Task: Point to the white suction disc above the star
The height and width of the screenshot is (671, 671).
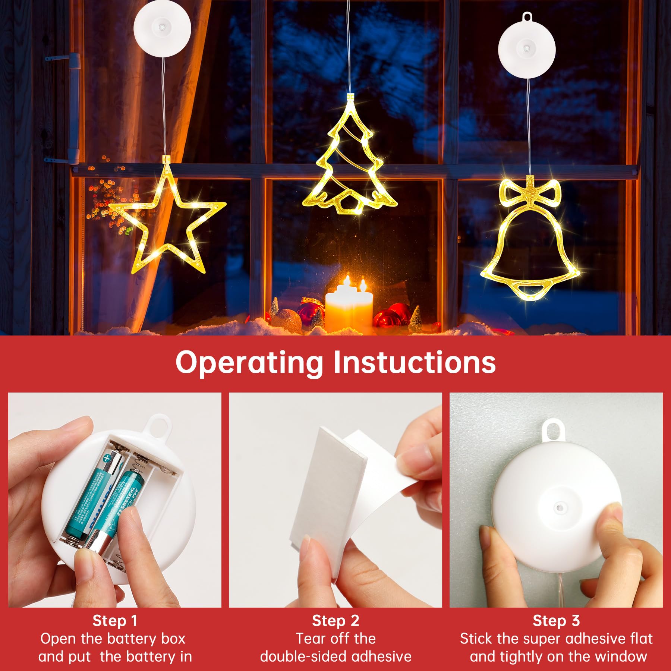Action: [162, 28]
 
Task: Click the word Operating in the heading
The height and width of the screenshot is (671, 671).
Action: [249, 362]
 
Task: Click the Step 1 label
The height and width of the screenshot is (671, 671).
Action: [115, 621]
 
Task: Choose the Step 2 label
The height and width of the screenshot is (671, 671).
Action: [335, 621]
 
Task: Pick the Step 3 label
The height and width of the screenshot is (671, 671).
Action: [556, 621]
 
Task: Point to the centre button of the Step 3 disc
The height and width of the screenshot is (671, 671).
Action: [559, 507]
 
